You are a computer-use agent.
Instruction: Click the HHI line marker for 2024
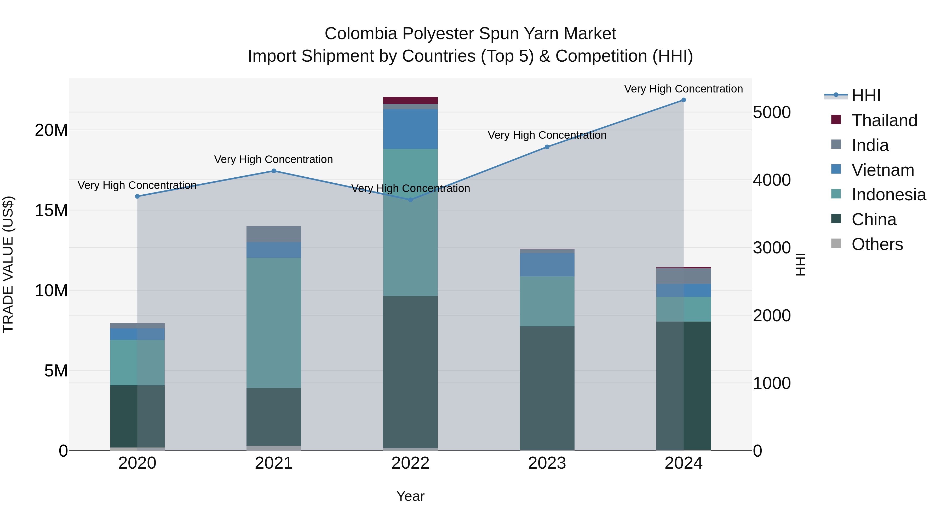(x=684, y=100)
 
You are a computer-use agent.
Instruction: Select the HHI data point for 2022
(x=410, y=200)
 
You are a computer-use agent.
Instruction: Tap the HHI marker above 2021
(x=274, y=171)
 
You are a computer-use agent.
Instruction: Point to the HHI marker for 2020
(x=137, y=196)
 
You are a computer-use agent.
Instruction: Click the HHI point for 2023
(x=547, y=147)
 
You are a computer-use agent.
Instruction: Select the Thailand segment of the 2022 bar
(x=410, y=100)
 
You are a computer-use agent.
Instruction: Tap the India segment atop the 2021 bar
(x=274, y=234)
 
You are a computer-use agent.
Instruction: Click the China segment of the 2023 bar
(x=547, y=388)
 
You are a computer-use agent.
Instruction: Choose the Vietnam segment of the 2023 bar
(x=547, y=265)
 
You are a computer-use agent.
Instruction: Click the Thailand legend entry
(x=884, y=120)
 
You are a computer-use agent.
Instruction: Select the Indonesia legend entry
(x=888, y=195)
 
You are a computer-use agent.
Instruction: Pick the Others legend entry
(x=877, y=244)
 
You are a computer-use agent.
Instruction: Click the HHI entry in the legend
(x=866, y=96)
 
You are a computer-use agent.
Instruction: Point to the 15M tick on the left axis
(x=51, y=211)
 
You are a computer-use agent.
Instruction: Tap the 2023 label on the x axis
(x=547, y=463)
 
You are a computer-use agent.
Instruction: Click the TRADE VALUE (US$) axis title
(x=8, y=264)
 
